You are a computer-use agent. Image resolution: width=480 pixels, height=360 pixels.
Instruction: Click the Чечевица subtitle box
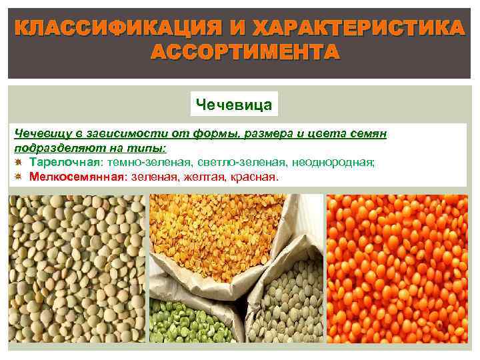233,105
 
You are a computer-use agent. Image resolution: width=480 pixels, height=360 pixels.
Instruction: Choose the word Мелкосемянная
77,177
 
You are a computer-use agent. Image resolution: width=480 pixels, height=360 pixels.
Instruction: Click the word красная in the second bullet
253,177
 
